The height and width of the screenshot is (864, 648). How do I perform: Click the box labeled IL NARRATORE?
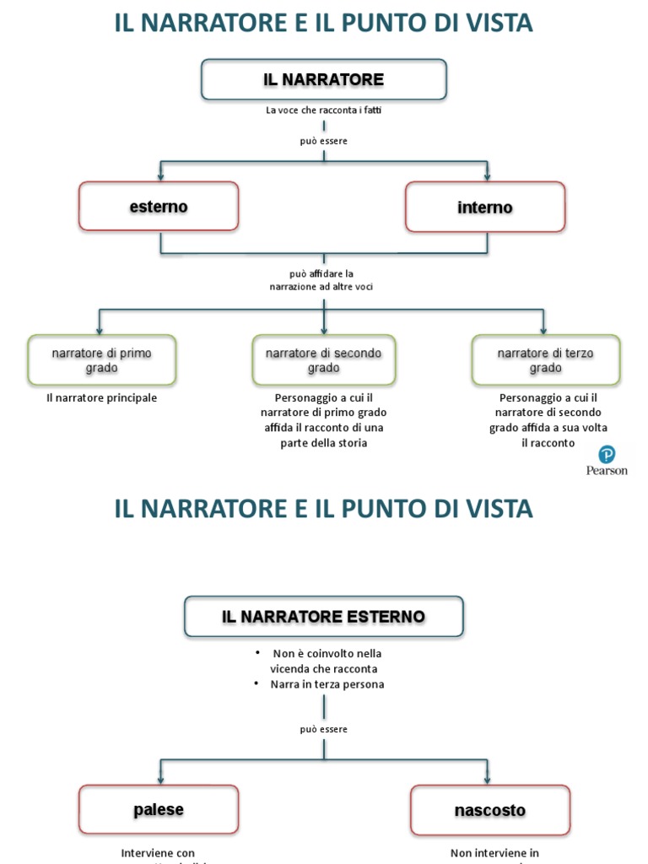[x=323, y=79]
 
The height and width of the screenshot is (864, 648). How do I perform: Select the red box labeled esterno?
[x=159, y=207]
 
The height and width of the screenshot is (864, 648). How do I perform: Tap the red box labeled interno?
[x=485, y=208]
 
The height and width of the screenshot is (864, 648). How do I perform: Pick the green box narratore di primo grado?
[x=102, y=360]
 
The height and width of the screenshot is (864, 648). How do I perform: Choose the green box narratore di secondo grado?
[x=324, y=360]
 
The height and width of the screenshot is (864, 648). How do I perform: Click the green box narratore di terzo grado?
[x=546, y=360]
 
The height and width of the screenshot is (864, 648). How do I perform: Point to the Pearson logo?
[x=607, y=462]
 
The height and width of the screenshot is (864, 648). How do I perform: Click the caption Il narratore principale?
[x=101, y=397]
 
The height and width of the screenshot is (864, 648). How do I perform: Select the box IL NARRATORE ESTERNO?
[x=323, y=617]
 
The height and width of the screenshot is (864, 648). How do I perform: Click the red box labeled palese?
[x=159, y=809]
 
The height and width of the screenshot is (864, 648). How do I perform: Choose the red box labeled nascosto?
[x=490, y=810]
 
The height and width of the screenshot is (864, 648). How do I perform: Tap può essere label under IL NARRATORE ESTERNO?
[x=323, y=729]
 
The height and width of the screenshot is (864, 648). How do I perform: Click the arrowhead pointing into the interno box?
[x=487, y=177]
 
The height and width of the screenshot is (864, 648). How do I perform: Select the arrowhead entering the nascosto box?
[x=488, y=780]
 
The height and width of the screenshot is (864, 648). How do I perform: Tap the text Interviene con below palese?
[x=158, y=853]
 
